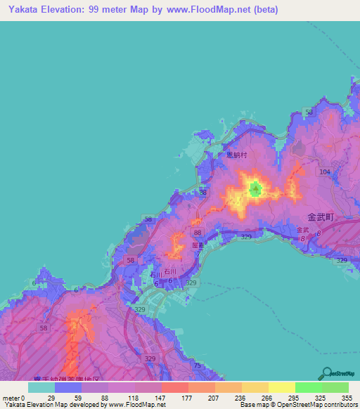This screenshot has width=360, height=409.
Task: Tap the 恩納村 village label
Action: point(237,155)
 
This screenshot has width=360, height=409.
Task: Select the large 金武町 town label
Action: point(323,218)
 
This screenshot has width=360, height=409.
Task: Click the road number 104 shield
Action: point(324,171)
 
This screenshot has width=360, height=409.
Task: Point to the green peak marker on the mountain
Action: point(255,188)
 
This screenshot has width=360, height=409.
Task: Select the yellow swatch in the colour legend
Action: point(281,387)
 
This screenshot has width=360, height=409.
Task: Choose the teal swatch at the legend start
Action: point(41,387)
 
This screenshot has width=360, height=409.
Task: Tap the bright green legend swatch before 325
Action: point(308,387)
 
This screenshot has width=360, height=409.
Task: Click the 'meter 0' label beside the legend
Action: point(14,397)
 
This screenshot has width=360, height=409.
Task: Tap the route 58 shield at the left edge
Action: point(44,327)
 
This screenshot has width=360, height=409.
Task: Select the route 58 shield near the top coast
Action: point(308,112)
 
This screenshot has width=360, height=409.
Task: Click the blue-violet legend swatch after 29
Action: point(68,387)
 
